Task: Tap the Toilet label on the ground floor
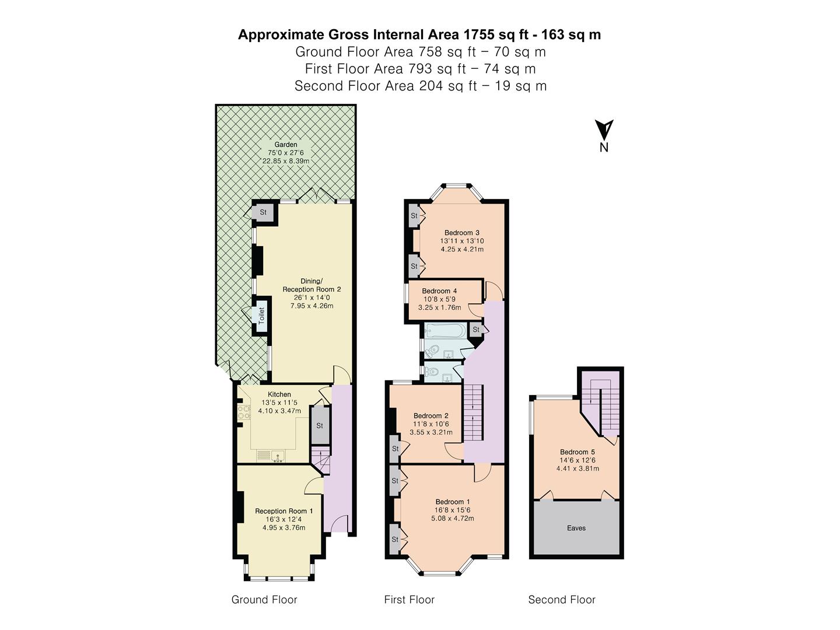(x=261, y=316)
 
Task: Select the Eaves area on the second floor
(x=576, y=528)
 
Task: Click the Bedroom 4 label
(x=439, y=291)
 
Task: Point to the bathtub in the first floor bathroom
(x=445, y=332)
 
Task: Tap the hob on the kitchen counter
(x=243, y=412)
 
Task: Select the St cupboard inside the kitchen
(x=320, y=425)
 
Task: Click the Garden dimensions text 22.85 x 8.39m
(x=286, y=161)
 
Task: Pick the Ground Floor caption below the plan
(x=264, y=600)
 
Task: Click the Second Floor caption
(x=562, y=600)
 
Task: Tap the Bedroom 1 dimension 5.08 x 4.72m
(x=453, y=518)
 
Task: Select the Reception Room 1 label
(x=284, y=511)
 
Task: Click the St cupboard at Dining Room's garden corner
(x=263, y=212)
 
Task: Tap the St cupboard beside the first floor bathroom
(x=476, y=330)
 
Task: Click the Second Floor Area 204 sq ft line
(x=420, y=86)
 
